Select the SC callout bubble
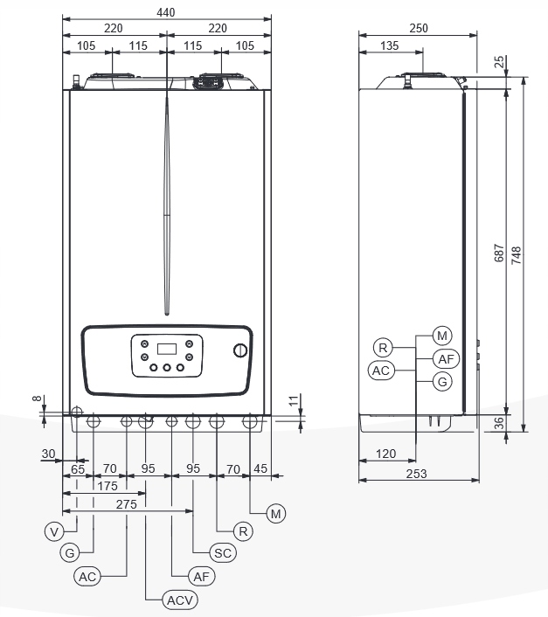224,553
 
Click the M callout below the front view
276,514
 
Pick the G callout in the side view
443,382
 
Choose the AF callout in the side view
444,358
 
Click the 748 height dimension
517,255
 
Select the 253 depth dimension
417,473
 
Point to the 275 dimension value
127,505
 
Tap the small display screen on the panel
167,349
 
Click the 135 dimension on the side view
390,45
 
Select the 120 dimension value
385,454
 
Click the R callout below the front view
243,530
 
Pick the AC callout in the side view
380,371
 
